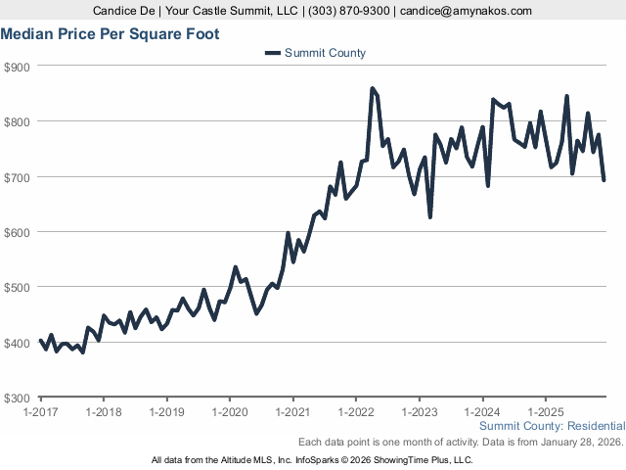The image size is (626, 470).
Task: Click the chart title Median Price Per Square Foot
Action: [110, 34]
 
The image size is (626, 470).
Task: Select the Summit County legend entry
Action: [315, 53]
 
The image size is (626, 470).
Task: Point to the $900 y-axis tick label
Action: [18, 67]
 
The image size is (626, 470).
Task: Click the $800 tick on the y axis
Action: [18, 121]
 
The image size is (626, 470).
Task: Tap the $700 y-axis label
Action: [18, 177]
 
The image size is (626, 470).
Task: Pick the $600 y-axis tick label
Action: [18, 232]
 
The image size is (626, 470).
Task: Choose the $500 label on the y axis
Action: [18, 287]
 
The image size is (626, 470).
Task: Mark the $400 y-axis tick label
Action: [18, 343]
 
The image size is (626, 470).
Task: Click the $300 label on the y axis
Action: [18, 398]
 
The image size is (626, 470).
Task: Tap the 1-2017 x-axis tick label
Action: [40, 412]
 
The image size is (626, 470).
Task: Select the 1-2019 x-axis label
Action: [167, 412]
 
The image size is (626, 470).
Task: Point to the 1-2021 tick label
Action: [293, 412]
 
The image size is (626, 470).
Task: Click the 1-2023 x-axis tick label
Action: [420, 412]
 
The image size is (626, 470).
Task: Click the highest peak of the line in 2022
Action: [372, 88]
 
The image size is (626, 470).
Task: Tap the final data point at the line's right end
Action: [604, 180]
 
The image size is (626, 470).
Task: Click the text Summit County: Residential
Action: [553, 426]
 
